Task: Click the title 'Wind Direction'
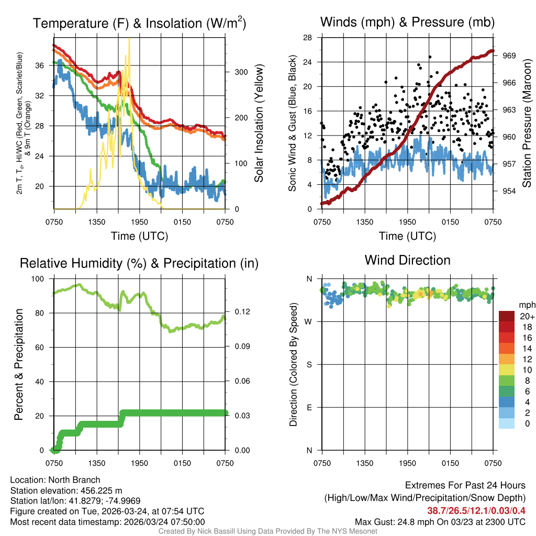pos(407,260)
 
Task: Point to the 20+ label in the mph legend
pos(527,316)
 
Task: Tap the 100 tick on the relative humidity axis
pos(39,279)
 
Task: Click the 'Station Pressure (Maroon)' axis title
pos(527,123)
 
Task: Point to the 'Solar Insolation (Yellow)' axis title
pos(259,123)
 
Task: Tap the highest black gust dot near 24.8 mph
pos(430,57)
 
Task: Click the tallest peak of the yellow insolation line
pos(128,54)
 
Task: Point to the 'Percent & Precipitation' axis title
pos(19,364)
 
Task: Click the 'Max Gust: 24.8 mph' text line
pos(440,521)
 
